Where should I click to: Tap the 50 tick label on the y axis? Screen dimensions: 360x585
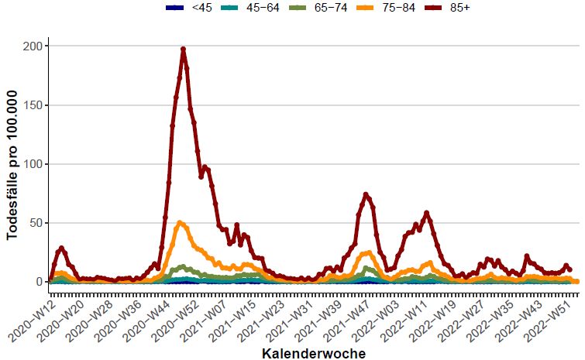pos(35,223)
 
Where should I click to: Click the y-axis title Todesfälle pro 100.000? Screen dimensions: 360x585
pos(12,164)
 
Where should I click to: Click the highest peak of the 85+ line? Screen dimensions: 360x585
pos(183,49)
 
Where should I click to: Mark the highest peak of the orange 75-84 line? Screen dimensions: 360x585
pos(180,223)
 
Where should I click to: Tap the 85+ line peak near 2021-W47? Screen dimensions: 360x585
pos(366,194)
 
